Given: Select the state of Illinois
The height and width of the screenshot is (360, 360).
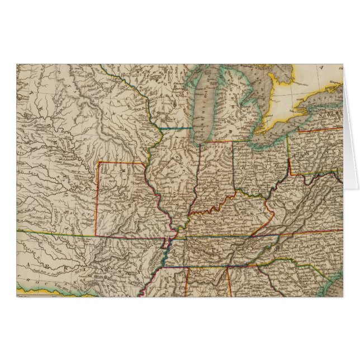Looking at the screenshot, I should (x=176, y=173).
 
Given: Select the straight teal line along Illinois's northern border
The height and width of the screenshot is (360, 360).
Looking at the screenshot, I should (x=178, y=128).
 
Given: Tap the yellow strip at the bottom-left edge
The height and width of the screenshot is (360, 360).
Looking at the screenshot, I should (x=34, y=290).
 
